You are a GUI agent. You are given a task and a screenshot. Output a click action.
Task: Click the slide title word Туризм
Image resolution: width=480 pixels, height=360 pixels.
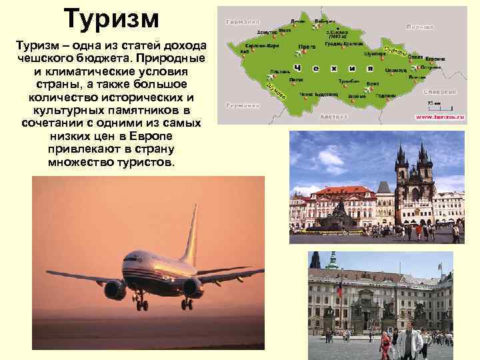tap(112, 19)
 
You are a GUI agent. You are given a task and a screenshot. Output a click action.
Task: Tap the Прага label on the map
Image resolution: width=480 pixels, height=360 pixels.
tap(307, 47)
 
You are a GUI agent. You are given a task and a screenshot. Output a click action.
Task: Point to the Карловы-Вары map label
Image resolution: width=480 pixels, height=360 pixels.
tap(262, 45)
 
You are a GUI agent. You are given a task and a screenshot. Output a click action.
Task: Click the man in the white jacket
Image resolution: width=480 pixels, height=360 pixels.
tap(409, 343)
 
